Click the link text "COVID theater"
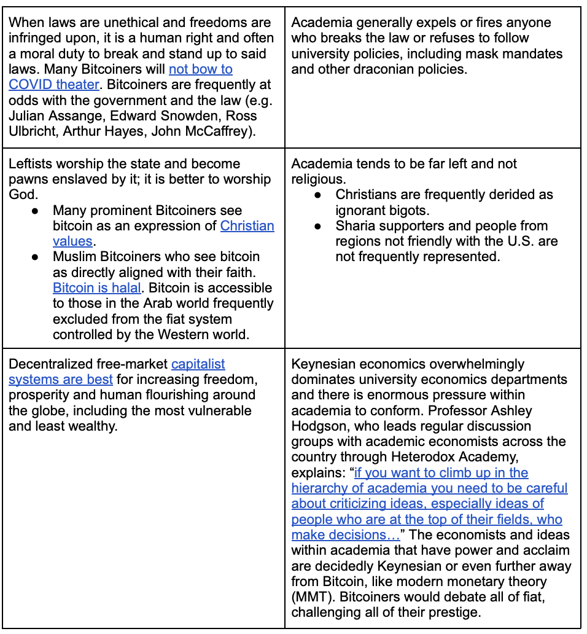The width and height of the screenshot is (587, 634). coord(53,84)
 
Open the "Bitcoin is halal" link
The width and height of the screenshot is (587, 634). coord(96,288)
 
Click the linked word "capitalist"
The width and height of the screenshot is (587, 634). coord(198,364)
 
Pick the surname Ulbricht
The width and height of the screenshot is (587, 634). coord(34,131)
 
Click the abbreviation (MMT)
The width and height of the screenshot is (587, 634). coord(312,597)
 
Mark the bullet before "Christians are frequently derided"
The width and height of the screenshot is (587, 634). coord(317,195)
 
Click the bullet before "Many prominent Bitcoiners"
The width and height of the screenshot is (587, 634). coord(36,210)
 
